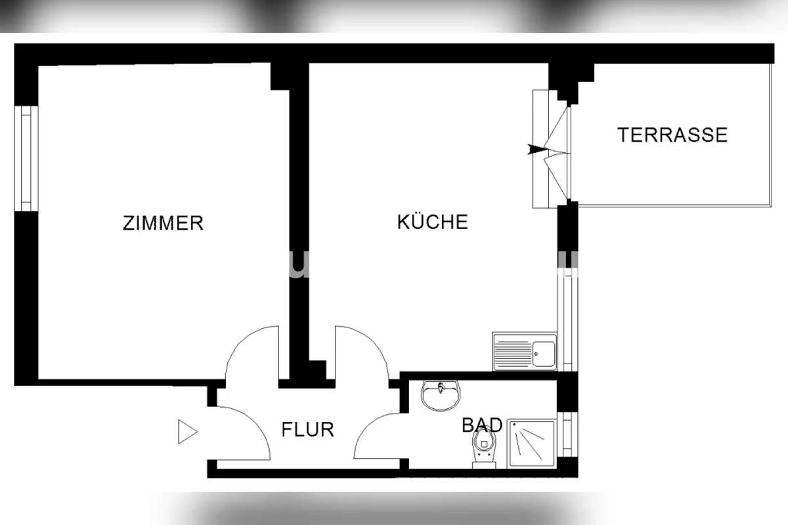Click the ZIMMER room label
pyautogui.click(x=163, y=223)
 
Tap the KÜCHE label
pyautogui.click(x=432, y=222)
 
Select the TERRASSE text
pyautogui.click(x=672, y=135)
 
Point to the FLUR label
pyautogui.click(x=307, y=429)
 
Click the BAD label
pyautogui.click(x=481, y=425)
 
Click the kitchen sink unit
pyautogui.click(x=525, y=351)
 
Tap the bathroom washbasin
pyautogui.click(x=441, y=396)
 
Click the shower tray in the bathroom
pyautogui.click(x=531, y=444)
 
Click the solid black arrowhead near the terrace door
pyautogui.click(x=536, y=149)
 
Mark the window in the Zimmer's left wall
pyautogui.click(x=26, y=158)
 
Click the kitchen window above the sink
pyautogui.click(x=567, y=323)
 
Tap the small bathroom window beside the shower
pyautogui.click(x=567, y=434)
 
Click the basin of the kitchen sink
pyautogui.click(x=544, y=354)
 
